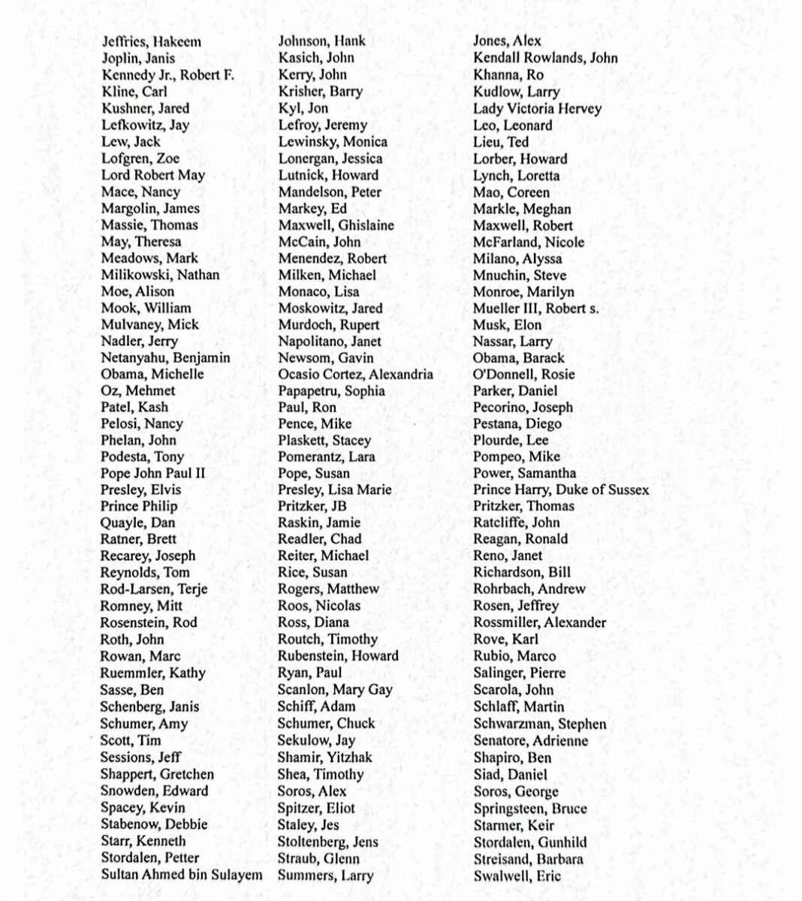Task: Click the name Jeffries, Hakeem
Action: pyautogui.click(x=151, y=42)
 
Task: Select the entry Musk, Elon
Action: pyautogui.click(x=507, y=325)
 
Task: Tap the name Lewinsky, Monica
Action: pyautogui.click(x=333, y=142)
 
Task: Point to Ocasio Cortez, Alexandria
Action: pyautogui.click(x=355, y=374)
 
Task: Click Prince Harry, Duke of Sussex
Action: pyautogui.click(x=561, y=490)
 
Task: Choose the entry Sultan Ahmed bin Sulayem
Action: pyautogui.click(x=182, y=875)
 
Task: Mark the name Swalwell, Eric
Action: pyautogui.click(x=517, y=875)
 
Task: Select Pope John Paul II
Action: pyautogui.click(x=152, y=474)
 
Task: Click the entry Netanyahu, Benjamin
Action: pyautogui.click(x=165, y=358)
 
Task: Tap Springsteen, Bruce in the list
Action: pyautogui.click(x=530, y=809)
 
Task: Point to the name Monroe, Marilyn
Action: pyautogui.click(x=523, y=292)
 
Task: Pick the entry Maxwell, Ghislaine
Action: pyautogui.click(x=336, y=225)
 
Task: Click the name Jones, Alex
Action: pyautogui.click(x=507, y=41)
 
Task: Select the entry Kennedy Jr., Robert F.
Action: pyautogui.click(x=167, y=75)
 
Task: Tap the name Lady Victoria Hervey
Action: pyautogui.click(x=537, y=109)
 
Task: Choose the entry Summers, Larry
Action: pyautogui.click(x=325, y=875)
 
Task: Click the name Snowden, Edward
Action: pyautogui.click(x=154, y=791)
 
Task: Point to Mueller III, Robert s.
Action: pyautogui.click(x=535, y=309)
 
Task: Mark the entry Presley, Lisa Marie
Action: pyautogui.click(x=334, y=490)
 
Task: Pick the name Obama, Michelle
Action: pyautogui.click(x=152, y=374)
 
